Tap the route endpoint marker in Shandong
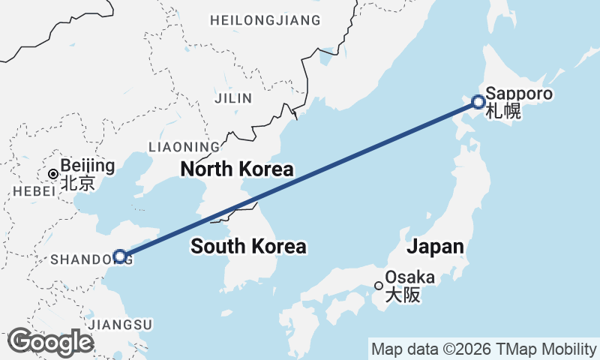point(119,256)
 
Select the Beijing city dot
point(52,174)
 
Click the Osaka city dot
point(379,285)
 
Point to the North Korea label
point(236,169)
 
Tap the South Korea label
point(248,246)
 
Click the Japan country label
point(435,247)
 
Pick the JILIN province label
point(234,98)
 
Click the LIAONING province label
point(184,146)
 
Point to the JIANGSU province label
point(120,325)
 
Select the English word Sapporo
point(519,94)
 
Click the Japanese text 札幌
point(502,112)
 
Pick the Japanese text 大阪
point(402,295)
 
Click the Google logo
point(50,342)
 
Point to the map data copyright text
point(484,349)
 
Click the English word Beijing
point(88,166)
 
